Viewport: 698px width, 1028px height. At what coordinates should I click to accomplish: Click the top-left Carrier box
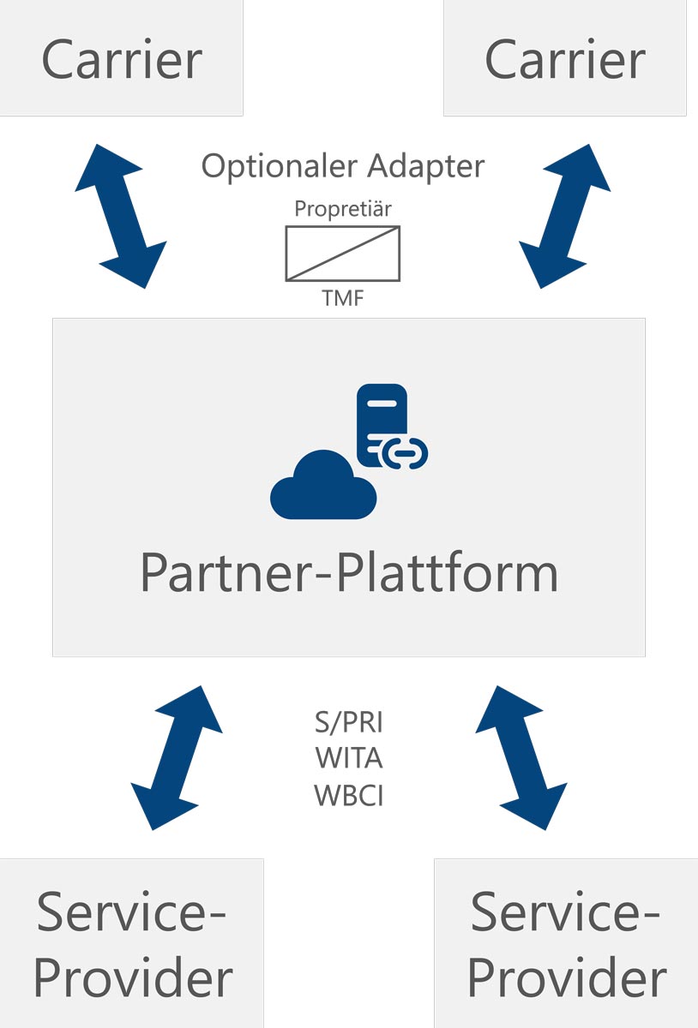(121, 58)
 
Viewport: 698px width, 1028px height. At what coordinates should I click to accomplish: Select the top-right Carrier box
(565, 58)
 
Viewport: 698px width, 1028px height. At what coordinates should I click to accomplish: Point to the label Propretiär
(343, 208)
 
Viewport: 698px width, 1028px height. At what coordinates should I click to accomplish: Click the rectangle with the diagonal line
(343, 253)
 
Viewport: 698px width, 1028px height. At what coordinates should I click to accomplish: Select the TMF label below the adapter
(343, 299)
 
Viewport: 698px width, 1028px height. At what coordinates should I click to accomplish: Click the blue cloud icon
(323, 487)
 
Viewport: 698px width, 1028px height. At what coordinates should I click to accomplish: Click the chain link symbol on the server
(406, 454)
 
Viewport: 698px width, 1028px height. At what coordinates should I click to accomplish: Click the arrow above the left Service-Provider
(176, 757)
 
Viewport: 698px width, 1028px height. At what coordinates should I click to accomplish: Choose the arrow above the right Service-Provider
(521, 757)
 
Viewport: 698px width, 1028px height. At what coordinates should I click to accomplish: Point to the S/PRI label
(349, 723)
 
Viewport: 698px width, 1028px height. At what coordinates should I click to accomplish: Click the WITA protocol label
(349, 759)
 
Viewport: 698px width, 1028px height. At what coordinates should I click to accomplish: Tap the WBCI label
(349, 796)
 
